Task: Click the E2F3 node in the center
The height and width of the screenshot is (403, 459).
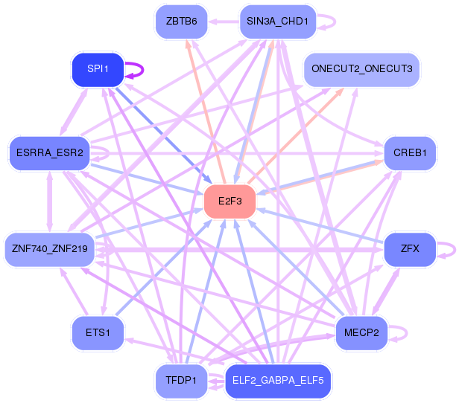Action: pyautogui.click(x=229, y=201)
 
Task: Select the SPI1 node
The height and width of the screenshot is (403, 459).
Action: pyautogui.click(x=98, y=70)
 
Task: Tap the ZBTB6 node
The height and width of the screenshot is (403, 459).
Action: pyautogui.click(x=182, y=22)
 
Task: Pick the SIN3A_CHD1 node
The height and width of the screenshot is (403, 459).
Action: pyautogui.click(x=278, y=22)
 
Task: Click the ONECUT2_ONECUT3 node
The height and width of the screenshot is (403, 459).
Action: pyautogui.click(x=362, y=70)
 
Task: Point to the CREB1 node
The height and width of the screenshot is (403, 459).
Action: pyautogui.click(x=410, y=153)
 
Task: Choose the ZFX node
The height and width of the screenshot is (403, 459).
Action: pyautogui.click(x=410, y=249)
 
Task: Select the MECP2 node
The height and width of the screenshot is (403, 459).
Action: pyautogui.click(x=361, y=333)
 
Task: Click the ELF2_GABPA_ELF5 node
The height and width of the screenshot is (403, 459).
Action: pyautogui.click(x=278, y=381)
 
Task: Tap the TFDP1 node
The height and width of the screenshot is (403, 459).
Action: pyautogui.click(x=182, y=381)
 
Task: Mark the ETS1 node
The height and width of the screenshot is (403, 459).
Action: pyautogui.click(x=98, y=333)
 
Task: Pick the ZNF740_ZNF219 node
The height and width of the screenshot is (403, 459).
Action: pyautogui.click(x=50, y=249)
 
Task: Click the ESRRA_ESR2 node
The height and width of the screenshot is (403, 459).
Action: pyautogui.click(x=50, y=153)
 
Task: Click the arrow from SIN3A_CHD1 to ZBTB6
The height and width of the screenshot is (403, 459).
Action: pyautogui.click(x=224, y=22)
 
